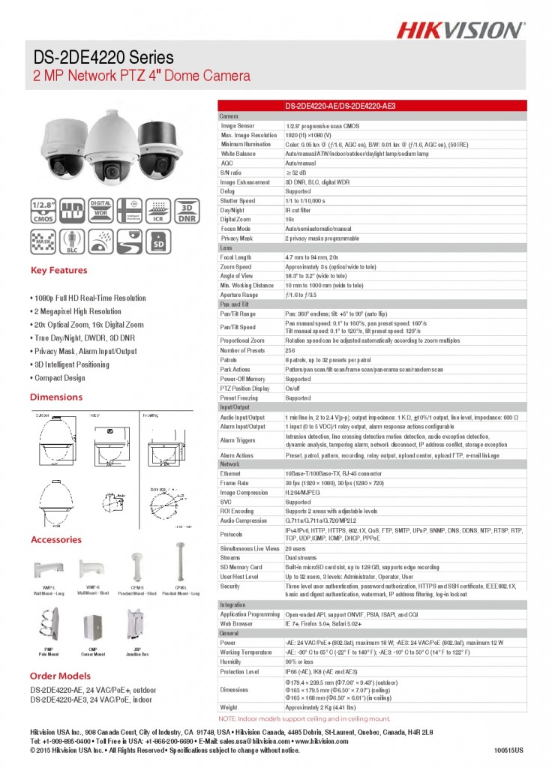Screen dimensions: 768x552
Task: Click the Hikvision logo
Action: click(460, 29)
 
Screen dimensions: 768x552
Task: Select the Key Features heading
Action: click(58, 271)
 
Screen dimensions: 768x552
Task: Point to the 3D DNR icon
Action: click(187, 212)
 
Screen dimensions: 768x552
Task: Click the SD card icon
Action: click(158, 241)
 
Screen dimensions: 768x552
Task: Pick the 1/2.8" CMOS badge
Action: click(43, 212)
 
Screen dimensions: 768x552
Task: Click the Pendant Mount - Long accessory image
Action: click(180, 559)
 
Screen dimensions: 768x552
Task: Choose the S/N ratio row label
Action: click(231, 172)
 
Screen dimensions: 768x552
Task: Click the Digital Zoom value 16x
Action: click(289, 219)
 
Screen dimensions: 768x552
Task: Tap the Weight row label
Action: click(229, 707)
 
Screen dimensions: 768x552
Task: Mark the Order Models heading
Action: click(60, 676)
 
